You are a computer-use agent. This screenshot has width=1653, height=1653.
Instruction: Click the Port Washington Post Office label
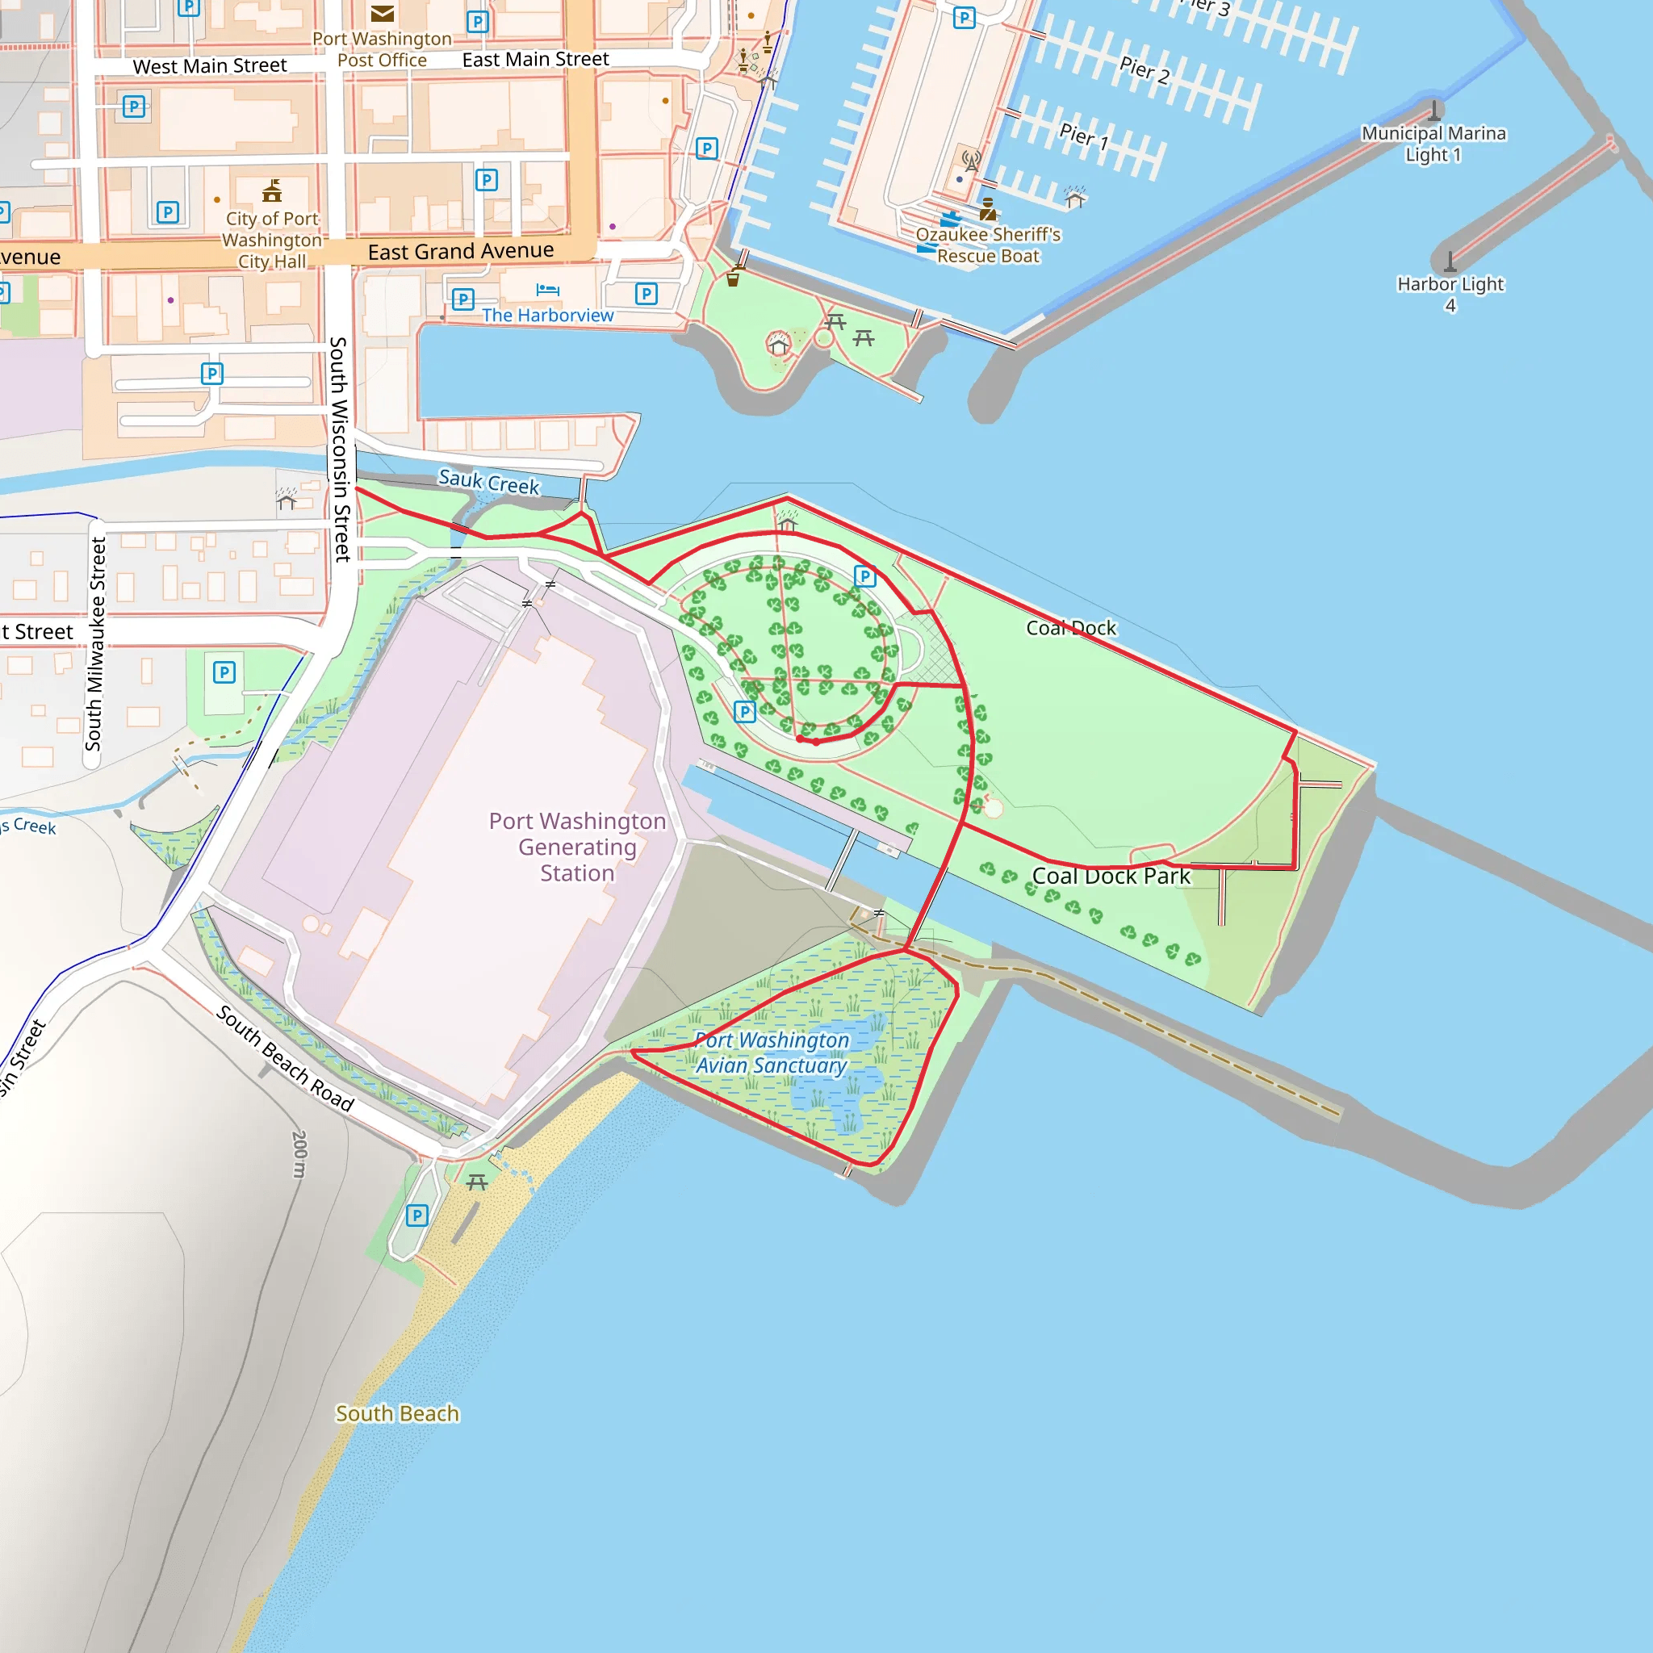[382, 49]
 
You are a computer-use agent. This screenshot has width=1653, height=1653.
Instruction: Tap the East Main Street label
[536, 59]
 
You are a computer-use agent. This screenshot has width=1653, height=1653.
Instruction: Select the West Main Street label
[210, 66]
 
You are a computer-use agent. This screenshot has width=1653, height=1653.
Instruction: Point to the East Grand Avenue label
[460, 252]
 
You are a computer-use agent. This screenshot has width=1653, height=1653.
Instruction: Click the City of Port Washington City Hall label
[272, 241]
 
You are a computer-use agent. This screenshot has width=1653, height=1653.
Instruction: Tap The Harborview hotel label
[547, 315]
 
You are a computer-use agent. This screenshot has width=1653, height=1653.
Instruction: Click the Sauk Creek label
[488, 482]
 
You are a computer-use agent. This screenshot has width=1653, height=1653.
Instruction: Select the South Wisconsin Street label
[340, 450]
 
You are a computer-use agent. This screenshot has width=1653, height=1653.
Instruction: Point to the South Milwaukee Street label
[96, 643]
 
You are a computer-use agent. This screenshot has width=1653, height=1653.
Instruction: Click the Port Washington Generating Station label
[578, 847]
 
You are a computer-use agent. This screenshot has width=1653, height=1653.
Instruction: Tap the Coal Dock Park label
[1111, 876]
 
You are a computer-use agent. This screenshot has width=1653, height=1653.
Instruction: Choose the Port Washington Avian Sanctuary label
[771, 1052]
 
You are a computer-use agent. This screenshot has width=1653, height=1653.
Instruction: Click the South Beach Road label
[285, 1058]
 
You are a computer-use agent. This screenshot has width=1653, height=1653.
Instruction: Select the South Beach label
[397, 1413]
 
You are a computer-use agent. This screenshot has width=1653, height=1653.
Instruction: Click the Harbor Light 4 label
[1450, 294]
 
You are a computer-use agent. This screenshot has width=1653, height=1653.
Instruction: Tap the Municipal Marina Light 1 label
[1433, 144]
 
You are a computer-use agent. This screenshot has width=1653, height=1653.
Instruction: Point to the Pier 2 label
[1144, 69]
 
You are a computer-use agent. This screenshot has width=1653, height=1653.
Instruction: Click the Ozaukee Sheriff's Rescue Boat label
[988, 245]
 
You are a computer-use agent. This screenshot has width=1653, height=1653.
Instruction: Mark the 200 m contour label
[299, 1154]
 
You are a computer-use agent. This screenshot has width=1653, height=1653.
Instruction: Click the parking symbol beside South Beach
[416, 1215]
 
